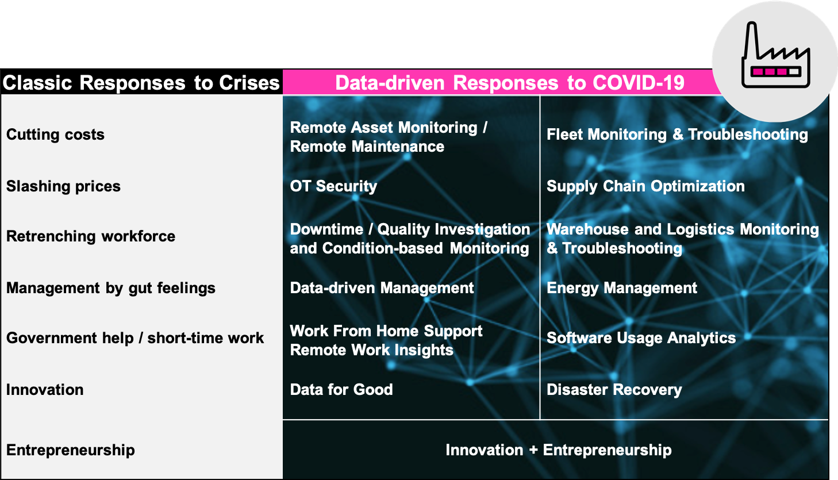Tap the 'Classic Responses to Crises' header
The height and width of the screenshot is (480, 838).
click(x=141, y=83)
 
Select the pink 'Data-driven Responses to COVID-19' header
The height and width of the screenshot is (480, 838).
click(x=510, y=83)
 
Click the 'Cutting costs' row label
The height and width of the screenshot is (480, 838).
click(x=55, y=135)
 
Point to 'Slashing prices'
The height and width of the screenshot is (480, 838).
click(x=64, y=186)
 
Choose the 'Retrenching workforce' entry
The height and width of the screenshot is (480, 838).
click(x=91, y=236)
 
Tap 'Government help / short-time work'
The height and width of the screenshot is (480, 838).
click(x=135, y=338)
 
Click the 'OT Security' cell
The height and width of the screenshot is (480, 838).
click(x=334, y=186)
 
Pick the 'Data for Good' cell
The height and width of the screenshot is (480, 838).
click(x=341, y=390)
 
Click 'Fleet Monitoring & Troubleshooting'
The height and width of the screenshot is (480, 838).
click(x=678, y=135)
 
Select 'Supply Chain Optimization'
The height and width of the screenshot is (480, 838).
click(x=645, y=186)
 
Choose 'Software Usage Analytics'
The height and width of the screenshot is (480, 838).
click(x=641, y=338)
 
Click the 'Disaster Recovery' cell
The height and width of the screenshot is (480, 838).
click(x=614, y=390)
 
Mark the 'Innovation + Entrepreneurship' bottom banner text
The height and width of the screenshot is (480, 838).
click(x=559, y=450)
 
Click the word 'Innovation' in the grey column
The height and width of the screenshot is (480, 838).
click(x=45, y=390)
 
